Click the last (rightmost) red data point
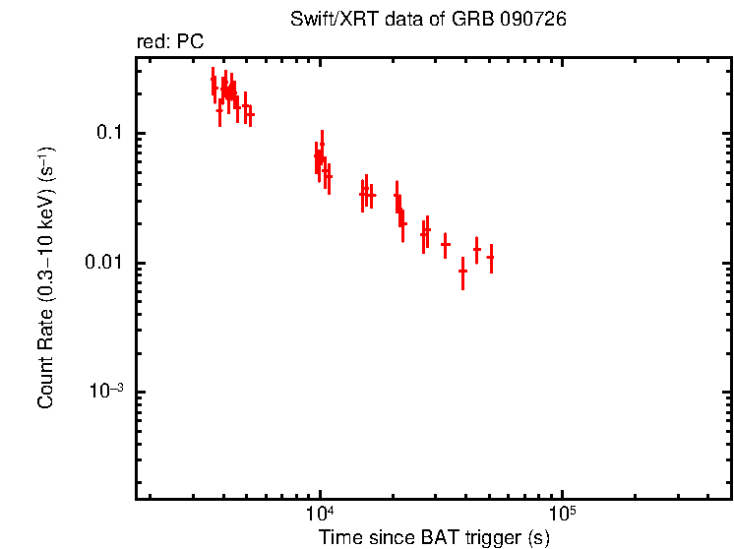[490, 257]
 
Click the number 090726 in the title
[531, 20]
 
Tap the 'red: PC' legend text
[169, 42]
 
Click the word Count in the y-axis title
[46, 383]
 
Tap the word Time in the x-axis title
[340, 538]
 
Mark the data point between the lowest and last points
[476, 249]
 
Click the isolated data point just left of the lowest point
[445, 244]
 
